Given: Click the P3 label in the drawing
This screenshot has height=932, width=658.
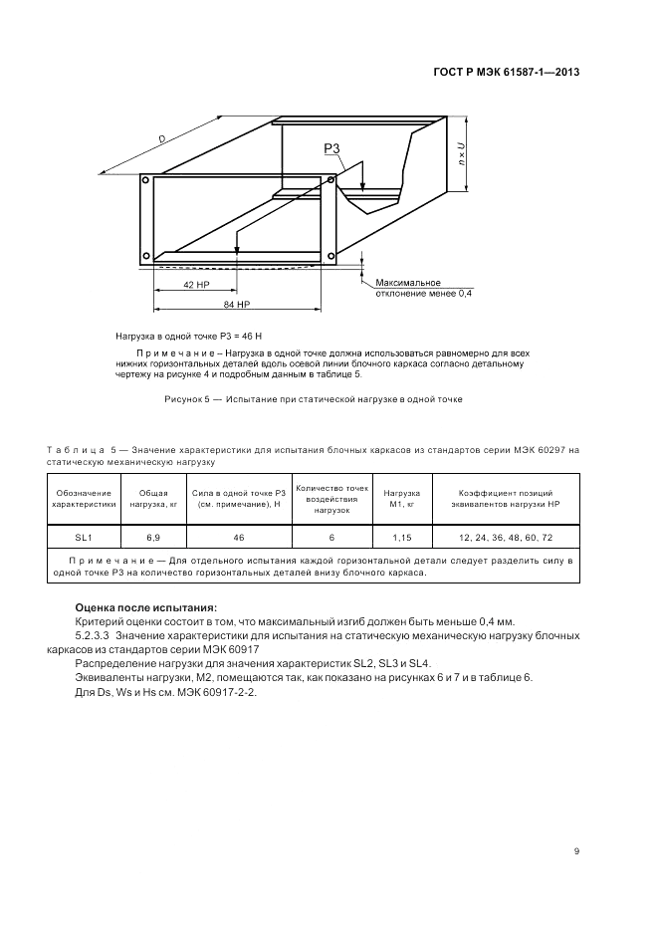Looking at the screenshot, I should [x=331, y=149].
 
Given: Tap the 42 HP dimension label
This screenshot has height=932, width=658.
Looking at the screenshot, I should [x=195, y=285].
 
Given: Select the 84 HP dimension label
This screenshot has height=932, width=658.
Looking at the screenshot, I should [x=236, y=303].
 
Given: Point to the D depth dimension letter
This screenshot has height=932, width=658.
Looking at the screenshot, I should [x=161, y=139].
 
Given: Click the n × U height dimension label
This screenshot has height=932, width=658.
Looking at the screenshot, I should [x=461, y=155].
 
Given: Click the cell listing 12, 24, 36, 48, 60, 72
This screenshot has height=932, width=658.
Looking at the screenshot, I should [x=505, y=537].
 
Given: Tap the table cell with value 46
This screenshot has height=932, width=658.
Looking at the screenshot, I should [x=239, y=537].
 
